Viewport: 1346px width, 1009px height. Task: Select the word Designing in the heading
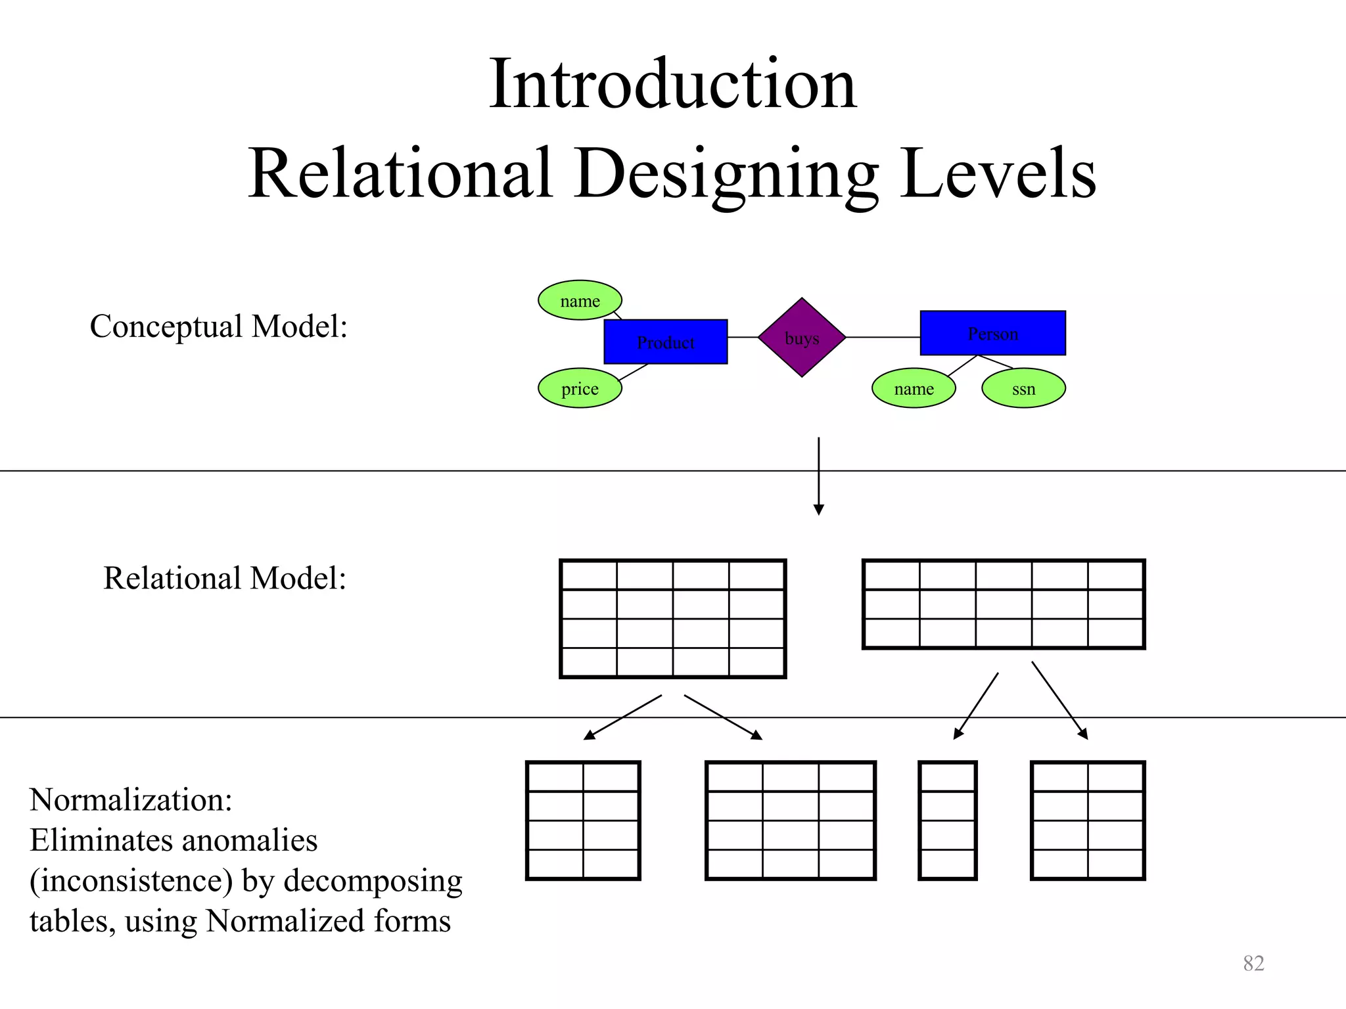coord(726,173)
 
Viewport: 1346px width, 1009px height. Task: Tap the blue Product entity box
coord(665,342)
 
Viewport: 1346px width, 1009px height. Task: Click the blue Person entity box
coord(992,333)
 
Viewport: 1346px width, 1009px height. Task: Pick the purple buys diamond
coord(801,338)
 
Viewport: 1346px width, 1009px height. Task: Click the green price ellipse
coord(580,388)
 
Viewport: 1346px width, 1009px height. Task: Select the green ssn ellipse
coord(1023,388)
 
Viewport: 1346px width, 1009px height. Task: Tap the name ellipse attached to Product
coord(580,301)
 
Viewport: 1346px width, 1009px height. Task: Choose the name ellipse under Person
coord(914,388)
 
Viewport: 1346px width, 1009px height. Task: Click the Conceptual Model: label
coord(218,326)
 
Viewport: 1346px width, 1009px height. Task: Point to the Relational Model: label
coord(224,578)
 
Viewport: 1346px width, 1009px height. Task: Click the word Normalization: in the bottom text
coord(131,800)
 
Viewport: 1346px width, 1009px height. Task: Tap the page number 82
coord(1253,963)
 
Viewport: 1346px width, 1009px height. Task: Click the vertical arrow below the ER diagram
coord(818,476)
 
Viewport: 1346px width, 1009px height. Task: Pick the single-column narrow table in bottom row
coord(947,820)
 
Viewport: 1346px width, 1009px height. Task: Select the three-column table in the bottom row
coord(790,820)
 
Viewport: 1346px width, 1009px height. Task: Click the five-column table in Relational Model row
coord(1003,604)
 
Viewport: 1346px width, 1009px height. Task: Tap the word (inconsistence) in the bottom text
coord(131,881)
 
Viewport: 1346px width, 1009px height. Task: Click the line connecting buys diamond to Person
coord(883,337)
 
